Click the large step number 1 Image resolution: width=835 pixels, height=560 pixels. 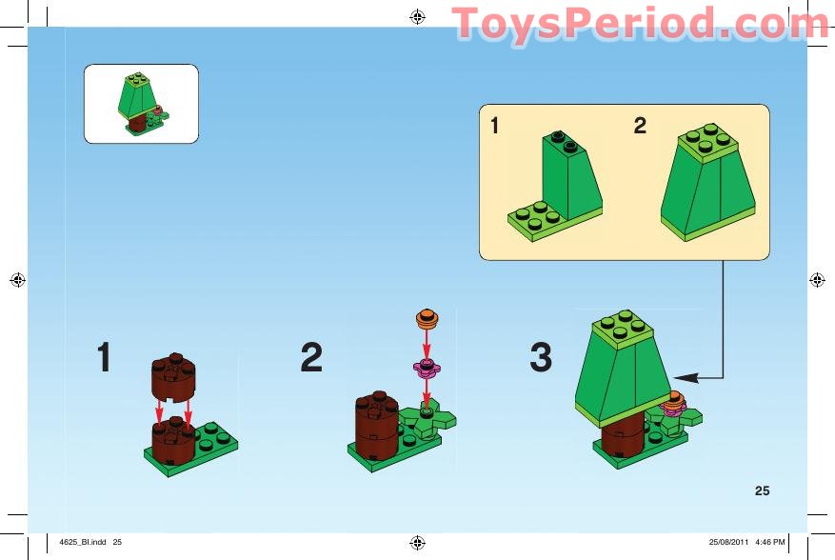point(105,358)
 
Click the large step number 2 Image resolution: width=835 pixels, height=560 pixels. point(311,358)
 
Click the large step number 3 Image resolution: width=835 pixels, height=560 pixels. point(540,358)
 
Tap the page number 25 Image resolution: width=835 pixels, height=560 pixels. point(762,491)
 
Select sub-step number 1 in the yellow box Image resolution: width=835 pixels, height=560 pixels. point(495,126)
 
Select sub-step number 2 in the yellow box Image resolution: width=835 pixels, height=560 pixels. point(640,126)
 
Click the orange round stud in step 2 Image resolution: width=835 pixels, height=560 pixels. point(427,317)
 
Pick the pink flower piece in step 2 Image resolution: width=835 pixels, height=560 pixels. point(426,366)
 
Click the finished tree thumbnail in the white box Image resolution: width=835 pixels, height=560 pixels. point(141,104)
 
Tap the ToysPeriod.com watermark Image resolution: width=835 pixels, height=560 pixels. point(640,23)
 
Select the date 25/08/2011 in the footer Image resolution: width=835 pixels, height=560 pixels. point(728,543)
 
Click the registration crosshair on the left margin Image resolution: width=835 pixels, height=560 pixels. point(17,280)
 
